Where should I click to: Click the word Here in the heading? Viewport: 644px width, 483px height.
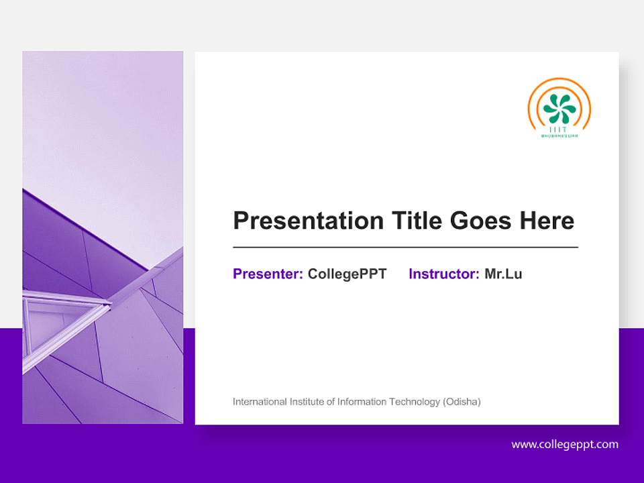coord(547,221)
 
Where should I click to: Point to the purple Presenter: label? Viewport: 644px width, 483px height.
coord(268,274)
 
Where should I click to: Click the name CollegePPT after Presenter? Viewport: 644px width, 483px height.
coord(347,274)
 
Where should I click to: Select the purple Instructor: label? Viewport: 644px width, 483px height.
coord(443,274)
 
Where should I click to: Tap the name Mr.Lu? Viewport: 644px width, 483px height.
coord(503,274)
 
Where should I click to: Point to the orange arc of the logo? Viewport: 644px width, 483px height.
coord(537,94)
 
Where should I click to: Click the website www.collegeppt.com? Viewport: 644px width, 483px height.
coord(565,444)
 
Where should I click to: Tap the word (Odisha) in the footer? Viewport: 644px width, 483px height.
coord(462,402)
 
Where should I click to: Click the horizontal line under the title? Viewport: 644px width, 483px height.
coord(405,248)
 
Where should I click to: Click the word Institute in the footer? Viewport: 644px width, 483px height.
coord(307,402)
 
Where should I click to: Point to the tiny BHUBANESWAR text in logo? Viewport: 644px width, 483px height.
coord(559,136)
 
